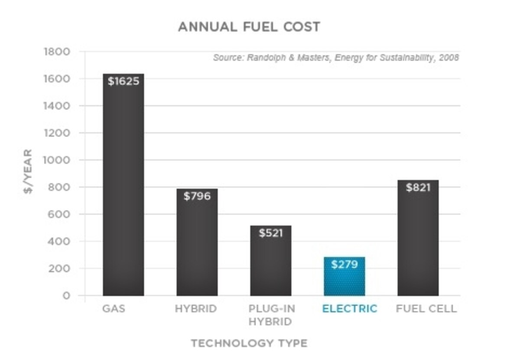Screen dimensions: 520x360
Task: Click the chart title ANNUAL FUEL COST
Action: (x=249, y=27)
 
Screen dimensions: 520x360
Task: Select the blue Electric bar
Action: (x=344, y=276)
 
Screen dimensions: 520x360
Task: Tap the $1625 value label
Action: (x=123, y=81)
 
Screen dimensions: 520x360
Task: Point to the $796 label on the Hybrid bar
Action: (x=197, y=196)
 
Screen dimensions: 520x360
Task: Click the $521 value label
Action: (x=271, y=233)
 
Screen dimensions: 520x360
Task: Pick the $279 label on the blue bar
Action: (x=344, y=264)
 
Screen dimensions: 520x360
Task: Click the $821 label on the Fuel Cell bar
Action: (x=418, y=187)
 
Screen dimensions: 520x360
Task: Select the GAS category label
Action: (x=114, y=309)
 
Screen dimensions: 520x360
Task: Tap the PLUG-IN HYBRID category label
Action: (x=271, y=315)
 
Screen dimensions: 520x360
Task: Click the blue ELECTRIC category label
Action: (x=350, y=309)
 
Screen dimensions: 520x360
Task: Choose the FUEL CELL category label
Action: (x=426, y=309)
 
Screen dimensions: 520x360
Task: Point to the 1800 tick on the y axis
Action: (x=57, y=52)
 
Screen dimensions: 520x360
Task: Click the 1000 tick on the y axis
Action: (x=56, y=160)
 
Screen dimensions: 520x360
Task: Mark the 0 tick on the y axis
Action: (x=66, y=296)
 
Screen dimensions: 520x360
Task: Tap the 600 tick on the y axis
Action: (x=59, y=214)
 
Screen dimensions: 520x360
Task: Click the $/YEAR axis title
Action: (x=28, y=171)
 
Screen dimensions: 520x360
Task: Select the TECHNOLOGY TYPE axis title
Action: (x=249, y=343)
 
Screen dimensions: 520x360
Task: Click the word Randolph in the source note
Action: (x=266, y=57)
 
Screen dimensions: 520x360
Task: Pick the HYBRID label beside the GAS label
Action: (x=196, y=309)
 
